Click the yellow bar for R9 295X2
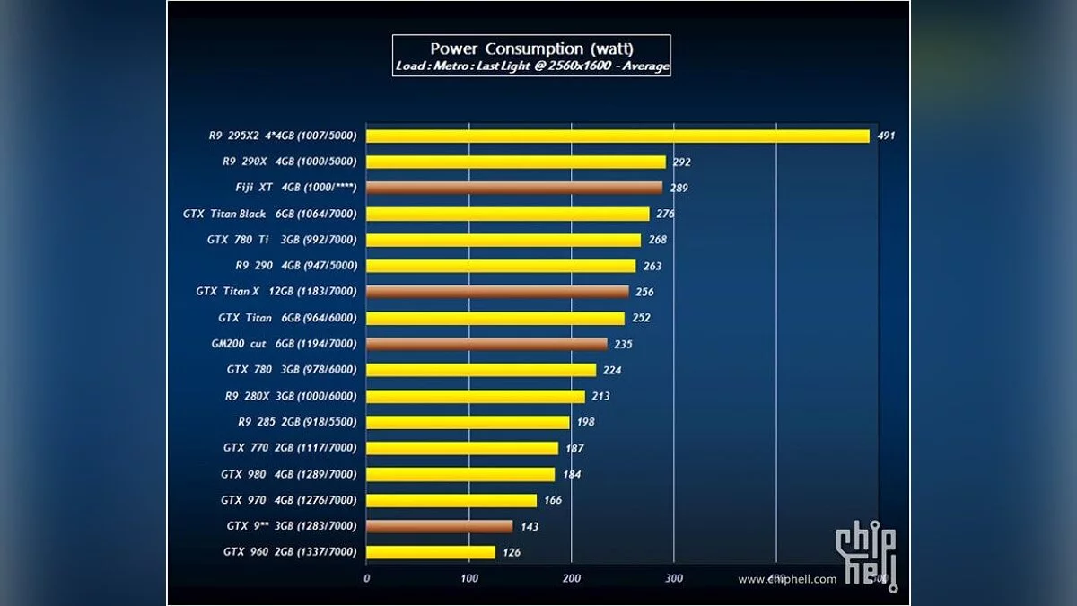pos(618,136)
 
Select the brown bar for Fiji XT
pos(514,188)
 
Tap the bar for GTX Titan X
pos(497,292)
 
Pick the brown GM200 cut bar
pos(486,344)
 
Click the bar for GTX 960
pos(431,552)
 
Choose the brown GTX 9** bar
pos(440,526)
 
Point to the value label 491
pos(887,136)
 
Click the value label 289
pos(679,189)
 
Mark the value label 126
pos(511,553)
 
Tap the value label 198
pos(586,423)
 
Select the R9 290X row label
pos(289,162)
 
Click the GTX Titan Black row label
pos(269,215)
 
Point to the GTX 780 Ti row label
pos(282,241)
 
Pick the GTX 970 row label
pos(289,500)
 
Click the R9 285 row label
pos(297,422)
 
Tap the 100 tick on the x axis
pos(469,579)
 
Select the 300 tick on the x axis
pos(674,579)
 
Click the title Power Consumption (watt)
pos(531,48)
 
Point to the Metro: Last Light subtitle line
pos(531,66)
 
